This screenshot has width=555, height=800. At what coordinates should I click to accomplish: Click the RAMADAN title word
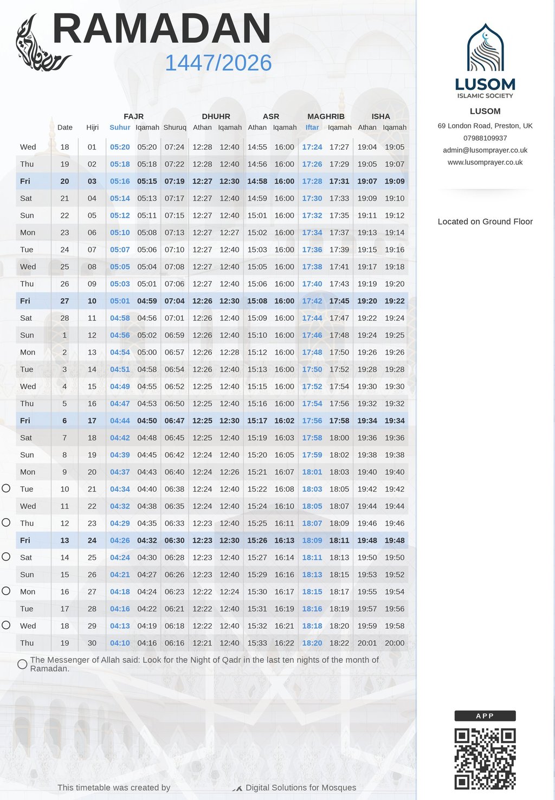point(162,29)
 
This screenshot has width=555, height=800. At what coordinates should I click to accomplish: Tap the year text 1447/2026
point(218,63)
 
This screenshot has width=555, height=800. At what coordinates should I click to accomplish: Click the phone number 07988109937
point(485,138)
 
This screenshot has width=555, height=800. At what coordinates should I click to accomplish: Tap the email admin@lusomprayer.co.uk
point(485,150)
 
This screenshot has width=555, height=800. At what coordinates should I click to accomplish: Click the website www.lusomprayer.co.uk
point(485,162)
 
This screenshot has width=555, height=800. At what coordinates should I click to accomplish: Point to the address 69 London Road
point(485,126)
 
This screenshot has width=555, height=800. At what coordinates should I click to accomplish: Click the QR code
point(485,759)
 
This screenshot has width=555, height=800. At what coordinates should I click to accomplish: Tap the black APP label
point(485,716)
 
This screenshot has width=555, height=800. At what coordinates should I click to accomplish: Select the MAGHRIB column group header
point(326,117)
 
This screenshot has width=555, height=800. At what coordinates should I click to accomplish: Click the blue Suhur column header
point(120,127)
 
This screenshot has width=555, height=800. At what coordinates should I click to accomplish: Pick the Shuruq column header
point(175,127)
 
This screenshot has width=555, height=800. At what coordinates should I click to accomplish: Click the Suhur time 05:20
point(120,147)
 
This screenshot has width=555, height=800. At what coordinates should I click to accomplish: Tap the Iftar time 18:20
point(312,643)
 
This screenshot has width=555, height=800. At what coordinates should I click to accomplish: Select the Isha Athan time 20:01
point(367,643)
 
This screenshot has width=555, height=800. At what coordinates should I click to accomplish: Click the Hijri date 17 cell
point(92,421)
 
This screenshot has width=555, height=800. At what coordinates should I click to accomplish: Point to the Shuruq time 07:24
point(175,147)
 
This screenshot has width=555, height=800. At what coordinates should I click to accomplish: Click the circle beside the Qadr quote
point(22,664)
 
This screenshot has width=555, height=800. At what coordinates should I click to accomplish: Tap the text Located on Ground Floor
point(485,222)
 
